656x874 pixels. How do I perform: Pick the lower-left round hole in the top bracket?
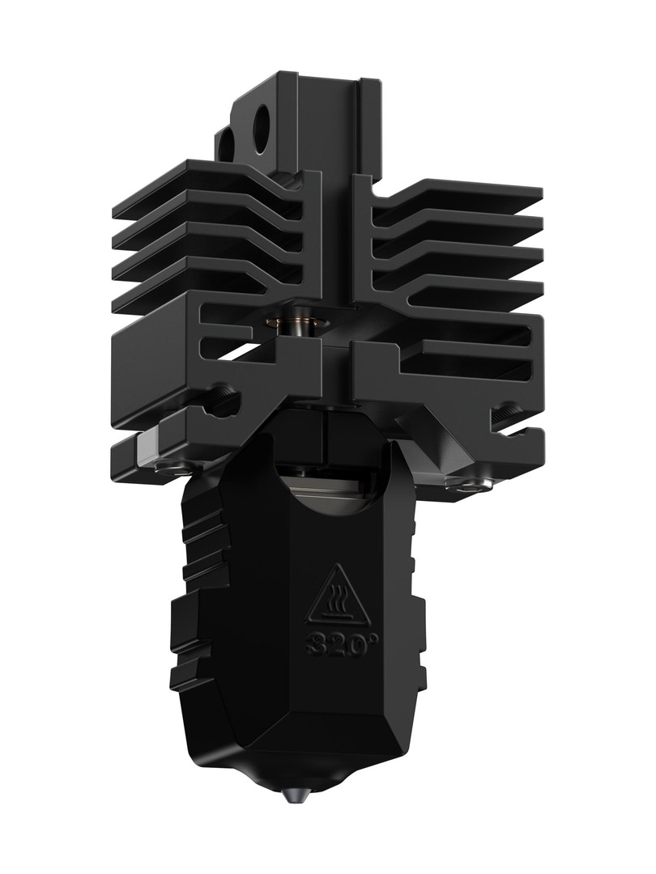[227, 145]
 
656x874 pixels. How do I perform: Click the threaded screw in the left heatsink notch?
[221, 398]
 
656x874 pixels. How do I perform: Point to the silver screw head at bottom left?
[168, 465]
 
